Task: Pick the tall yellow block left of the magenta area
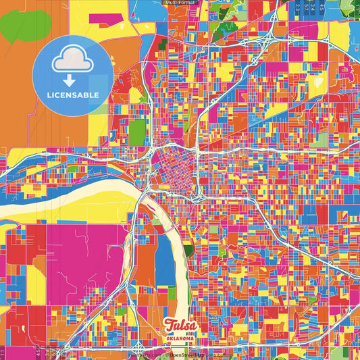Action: click(x=35, y=284)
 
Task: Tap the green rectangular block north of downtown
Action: click(x=137, y=132)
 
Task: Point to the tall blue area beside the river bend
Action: click(x=164, y=260)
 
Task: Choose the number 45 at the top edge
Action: click(x=322, y=6)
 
